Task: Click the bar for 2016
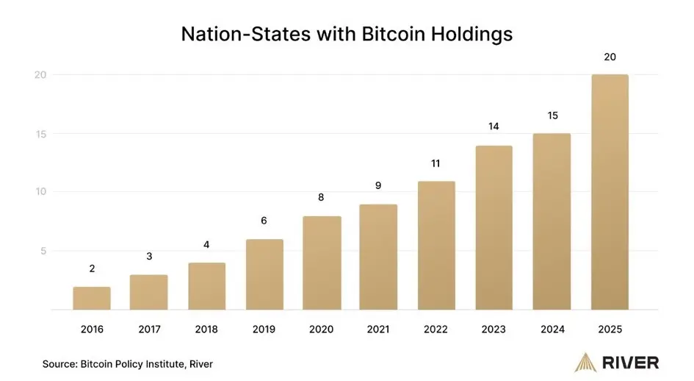tap(92, 298)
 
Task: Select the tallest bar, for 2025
tap(610, 191)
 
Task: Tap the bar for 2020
tap(322, 263)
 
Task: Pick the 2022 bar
tap(437, 245)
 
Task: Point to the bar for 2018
tap(207, 286)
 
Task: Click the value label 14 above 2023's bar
tap(494, 127)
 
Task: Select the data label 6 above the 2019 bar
tap(264, 220)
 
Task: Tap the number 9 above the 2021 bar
tap(379, 185)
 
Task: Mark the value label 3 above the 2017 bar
tap(149, 256)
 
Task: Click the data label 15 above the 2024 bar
tap(552, 115)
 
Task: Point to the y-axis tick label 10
tap(41, 192)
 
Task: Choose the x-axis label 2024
tap(552, 329)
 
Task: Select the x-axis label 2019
tap(264, 329)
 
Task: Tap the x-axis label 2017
tap(149, 329)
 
